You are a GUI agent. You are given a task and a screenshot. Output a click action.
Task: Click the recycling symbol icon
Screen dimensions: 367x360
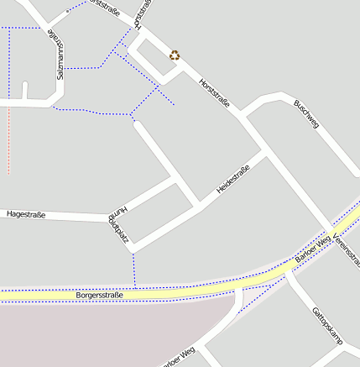point(175,55)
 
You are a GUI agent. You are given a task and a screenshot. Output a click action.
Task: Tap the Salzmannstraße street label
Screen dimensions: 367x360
point(58,55)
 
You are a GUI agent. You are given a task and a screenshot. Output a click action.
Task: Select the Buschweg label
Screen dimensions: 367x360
point(306,114)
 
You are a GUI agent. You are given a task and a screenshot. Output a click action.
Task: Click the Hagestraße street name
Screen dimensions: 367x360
point(25,215)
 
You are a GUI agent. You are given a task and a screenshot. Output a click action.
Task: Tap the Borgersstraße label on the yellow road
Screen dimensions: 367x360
point(100,296)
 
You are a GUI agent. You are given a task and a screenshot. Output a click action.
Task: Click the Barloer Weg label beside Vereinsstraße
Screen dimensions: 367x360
point(314,251)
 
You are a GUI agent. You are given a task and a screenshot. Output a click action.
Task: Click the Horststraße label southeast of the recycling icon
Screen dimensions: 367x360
point(214,92)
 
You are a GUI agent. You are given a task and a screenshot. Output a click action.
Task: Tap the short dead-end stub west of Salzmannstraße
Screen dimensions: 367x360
point(25,91)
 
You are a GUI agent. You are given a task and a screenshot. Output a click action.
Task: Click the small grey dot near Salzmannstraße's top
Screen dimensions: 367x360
point(67,12)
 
